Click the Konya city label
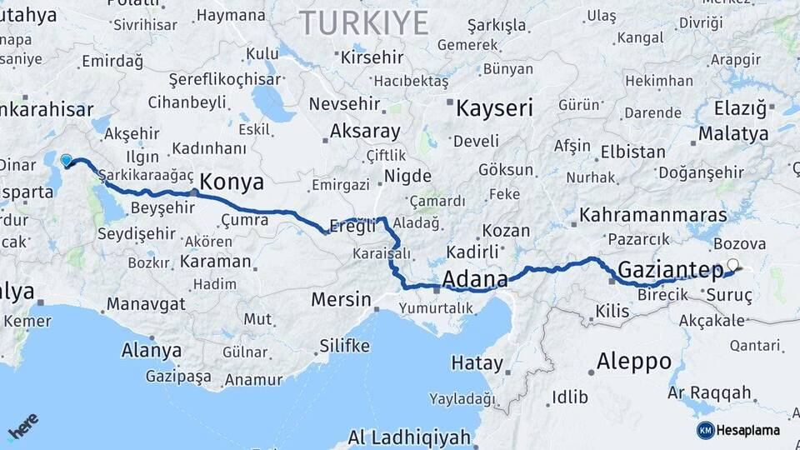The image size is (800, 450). pos(233,183)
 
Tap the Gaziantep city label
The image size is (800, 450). pos(670,270)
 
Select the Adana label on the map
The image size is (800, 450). pos(476,278)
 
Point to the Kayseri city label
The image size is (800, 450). pos(494,107)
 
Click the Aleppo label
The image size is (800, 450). pos(634,362)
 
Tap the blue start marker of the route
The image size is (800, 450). pos(67,159)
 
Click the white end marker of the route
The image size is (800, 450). pos(732,266)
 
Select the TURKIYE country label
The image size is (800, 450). pos(364,22)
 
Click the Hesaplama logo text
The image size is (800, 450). pos(748,430)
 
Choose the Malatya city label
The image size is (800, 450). pos(733,134)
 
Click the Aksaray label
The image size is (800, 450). pos(365,132)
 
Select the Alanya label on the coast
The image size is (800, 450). pos(151,351)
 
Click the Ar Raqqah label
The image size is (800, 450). pos(710,393)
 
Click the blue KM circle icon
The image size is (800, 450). pos(705,430)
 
